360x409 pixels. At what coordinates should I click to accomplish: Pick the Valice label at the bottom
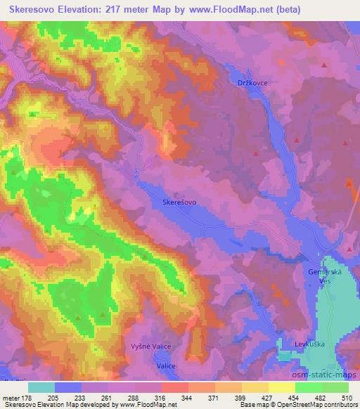166,366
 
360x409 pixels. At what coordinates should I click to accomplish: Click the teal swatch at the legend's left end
41,387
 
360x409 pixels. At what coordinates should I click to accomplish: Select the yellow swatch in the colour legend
281,387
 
